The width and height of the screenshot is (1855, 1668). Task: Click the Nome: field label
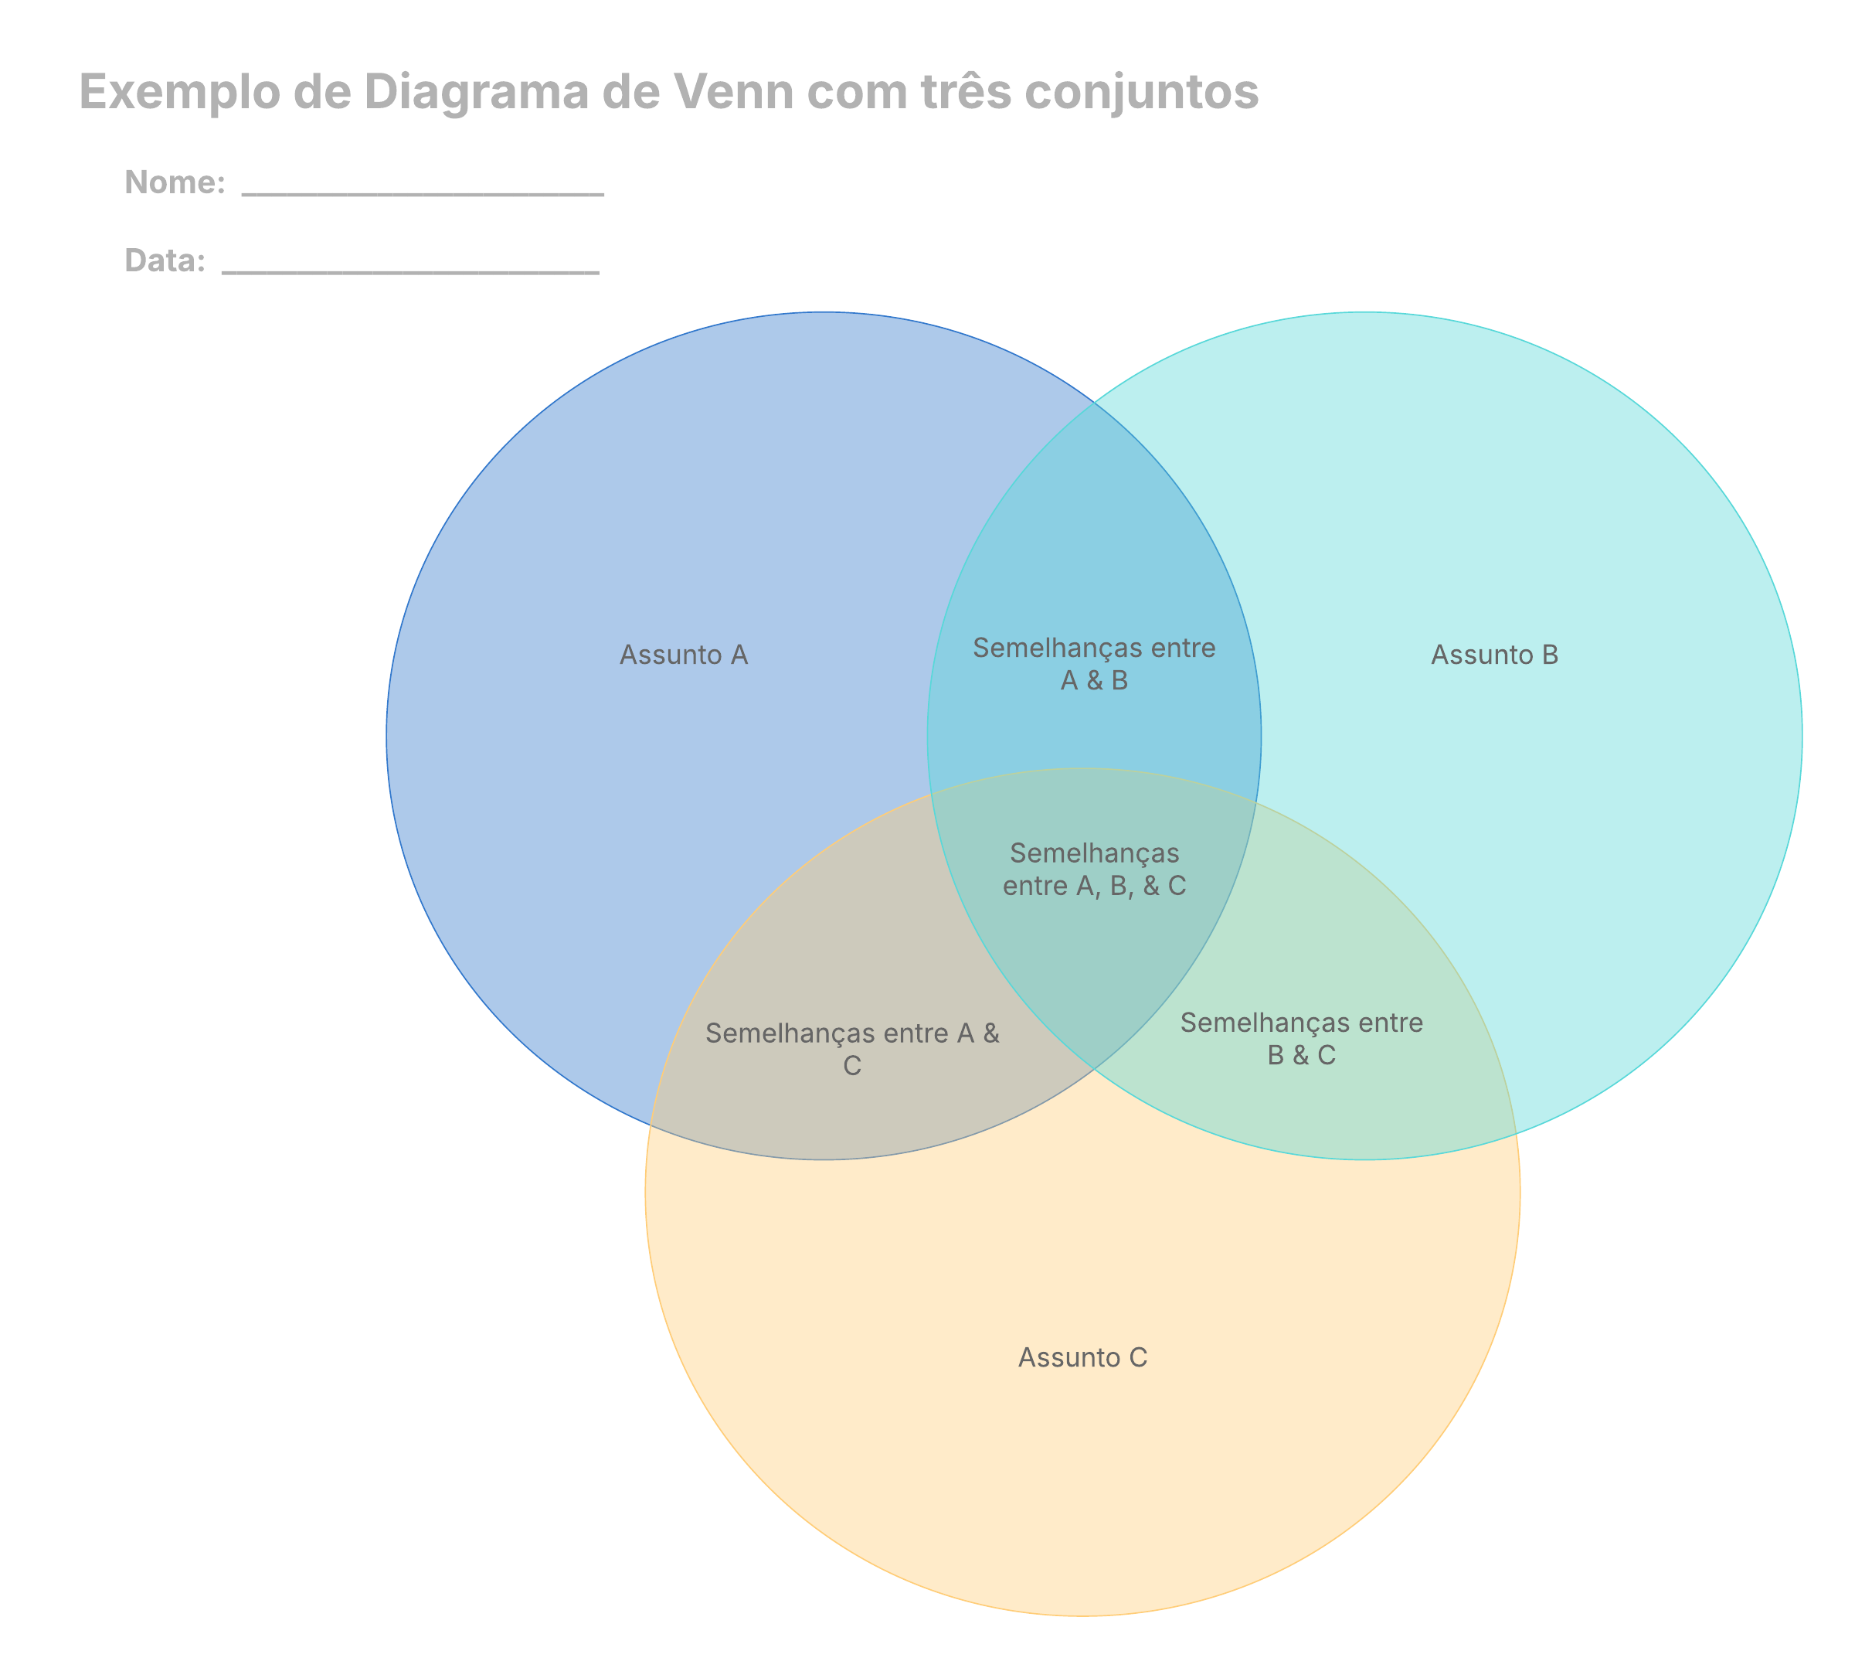pyautogui.click(x=174, y=182)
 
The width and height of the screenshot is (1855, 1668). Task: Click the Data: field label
pyautogui.click(x=165, y=260)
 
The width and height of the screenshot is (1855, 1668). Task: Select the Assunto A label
pyautogui.click(x=684, y=655)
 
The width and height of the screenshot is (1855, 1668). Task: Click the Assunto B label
pyautogui.click(x=1493, y=655)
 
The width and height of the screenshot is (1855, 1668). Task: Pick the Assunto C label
pyautogui.click(x=1082, y=1357)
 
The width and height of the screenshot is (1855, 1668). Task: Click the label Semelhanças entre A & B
pyautogui.click(x=1094, y=663)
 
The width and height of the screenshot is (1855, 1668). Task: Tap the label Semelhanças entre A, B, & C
pyautogui.click(x=1094, y=869)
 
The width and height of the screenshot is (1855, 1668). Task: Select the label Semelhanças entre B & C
pyautogui.click(x=1301, y=1038)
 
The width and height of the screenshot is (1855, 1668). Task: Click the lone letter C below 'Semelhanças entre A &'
pyautogui.click(x=852, y=1066)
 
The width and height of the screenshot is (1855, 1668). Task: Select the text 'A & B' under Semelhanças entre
pyautogui.click(x=1094, y=680)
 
